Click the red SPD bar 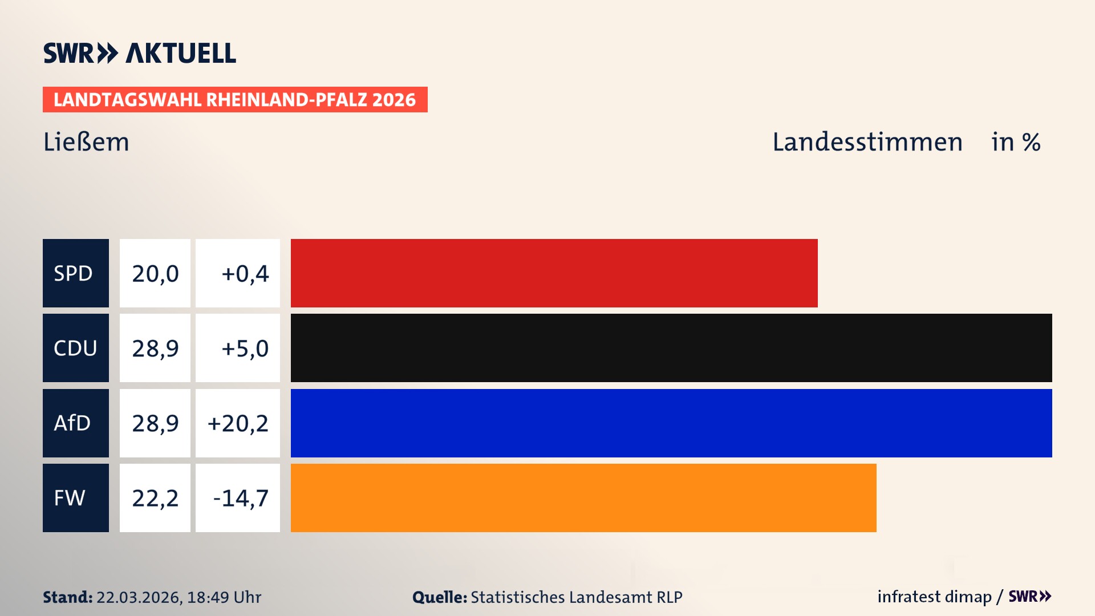coord(554,273)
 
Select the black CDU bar coord(671,348)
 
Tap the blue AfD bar coord(671,423)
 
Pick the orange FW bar coord(583,498)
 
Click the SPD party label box coord(75,273)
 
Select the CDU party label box coord(75,348)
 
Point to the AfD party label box coord(75,423)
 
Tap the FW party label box coord(75,498)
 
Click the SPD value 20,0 coord(155,273)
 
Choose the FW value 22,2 coord(155,498)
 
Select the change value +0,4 coord(244,273)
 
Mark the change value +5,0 coord(244,348)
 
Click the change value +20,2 coord(238,423)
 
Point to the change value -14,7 coord(240,498)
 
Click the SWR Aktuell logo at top coord(140,53)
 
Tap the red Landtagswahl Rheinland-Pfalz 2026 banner coord(235,100)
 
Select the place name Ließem coord(86,142)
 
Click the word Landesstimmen coord(867,142)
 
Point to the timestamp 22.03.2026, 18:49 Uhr coord(179,597)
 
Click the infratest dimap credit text coord(934,597)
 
